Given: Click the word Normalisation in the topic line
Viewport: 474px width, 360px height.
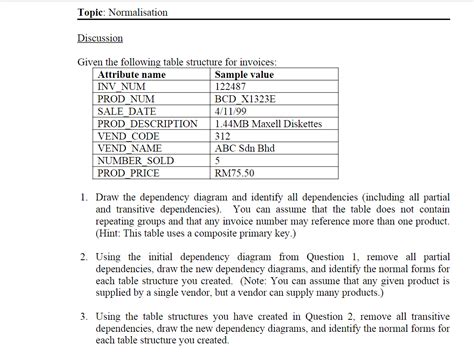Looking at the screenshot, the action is (x=142, y=12).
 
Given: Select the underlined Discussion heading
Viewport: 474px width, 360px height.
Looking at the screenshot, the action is (x=100, y=38).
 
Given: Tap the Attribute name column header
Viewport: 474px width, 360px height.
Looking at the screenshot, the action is (x=131, y=75).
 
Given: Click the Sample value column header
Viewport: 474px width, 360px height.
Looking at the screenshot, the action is (x=244, y=75).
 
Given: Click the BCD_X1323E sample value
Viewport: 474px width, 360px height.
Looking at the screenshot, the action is (x=245, y=99).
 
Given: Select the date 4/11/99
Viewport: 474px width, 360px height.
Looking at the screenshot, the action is (x=230, y=111).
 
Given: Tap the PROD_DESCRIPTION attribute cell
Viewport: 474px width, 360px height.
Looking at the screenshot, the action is (x=148, y=123).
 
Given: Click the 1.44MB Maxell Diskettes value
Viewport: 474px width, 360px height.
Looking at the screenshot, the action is (x=268, y=123).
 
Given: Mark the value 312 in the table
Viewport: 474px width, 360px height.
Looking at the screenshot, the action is (x=223, y=135).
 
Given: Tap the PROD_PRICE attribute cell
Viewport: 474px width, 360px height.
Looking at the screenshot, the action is (x=130, y=171).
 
